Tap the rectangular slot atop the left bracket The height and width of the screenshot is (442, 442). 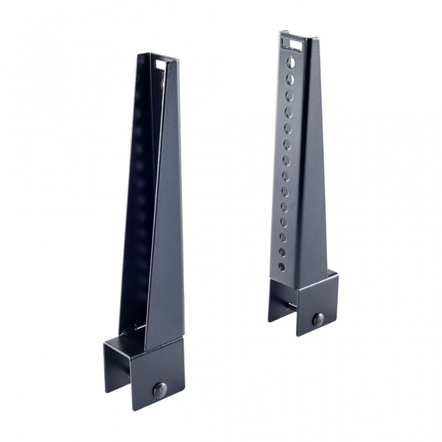click(160, 65)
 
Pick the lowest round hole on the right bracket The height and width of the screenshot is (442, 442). click(282, 267)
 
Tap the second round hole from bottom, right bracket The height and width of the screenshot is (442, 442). click(282, 252)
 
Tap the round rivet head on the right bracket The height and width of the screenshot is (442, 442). click(318, 318)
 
